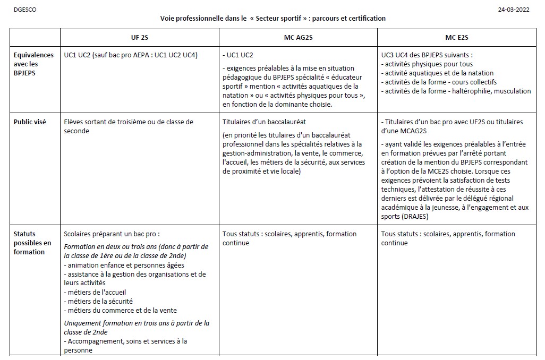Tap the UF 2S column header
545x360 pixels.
(x=140, y=38)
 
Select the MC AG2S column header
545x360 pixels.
(x=298, y=38)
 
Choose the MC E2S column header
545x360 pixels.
(x=456, y=38)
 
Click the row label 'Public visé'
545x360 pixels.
(x=30, y=122)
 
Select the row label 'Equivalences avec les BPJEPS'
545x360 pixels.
(x=33, y=64)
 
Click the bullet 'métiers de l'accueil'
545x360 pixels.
(x=95, y=292)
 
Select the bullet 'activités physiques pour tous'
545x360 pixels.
(x=427, y=64)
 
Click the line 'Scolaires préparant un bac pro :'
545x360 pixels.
(x=112, y=234)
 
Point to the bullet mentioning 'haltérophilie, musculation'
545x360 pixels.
(x=456, y=91)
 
